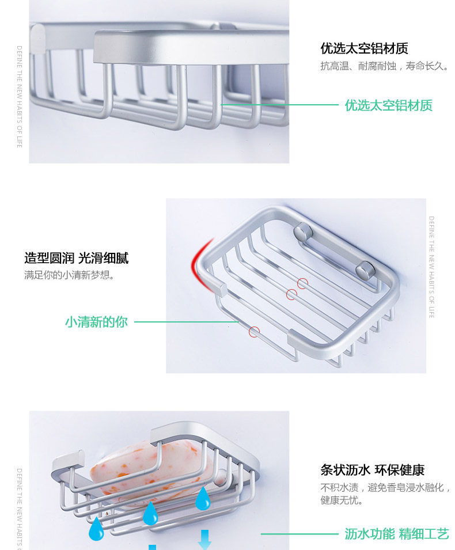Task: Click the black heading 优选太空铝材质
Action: [364, 48]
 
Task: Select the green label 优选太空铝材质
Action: [388, 105]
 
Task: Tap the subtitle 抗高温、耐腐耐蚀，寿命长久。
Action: [384, 67]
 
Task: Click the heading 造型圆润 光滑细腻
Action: [76, 257]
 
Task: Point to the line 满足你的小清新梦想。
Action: [69, 275]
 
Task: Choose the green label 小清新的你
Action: [96, 322]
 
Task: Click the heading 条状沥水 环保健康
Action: [380, 470]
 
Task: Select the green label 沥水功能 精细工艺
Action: [396, 534]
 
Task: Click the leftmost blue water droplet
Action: [96, 529]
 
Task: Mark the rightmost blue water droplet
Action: [203, 499]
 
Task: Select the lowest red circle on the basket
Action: [254, 332]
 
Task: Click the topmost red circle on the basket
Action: [302, 283]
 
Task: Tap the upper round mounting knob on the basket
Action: [302, 232]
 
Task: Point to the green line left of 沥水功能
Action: [299, 534]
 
